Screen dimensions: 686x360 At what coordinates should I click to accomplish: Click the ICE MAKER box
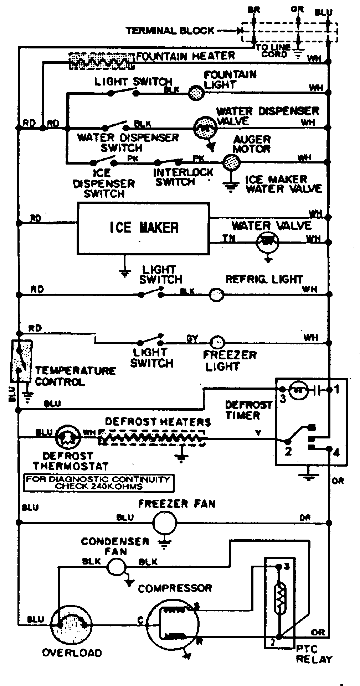pyautogui.click(x=143, y=228)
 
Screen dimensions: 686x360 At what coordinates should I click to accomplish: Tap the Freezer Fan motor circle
pyautogui.click(x=165, y=523)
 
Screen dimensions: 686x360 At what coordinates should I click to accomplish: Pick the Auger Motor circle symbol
pyautogui.click(x=231, y=162)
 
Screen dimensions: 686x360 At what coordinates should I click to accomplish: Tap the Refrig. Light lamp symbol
pyautogui.click(x=216, y=295)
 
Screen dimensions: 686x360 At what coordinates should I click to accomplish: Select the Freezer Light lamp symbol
pyautogui.click(x=217, y=343)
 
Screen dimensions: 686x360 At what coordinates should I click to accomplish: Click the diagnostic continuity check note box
pyautogui.click(x=98, y=483)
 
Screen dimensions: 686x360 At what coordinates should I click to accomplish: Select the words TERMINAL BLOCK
pyautogui.click(x=170, y=31)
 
